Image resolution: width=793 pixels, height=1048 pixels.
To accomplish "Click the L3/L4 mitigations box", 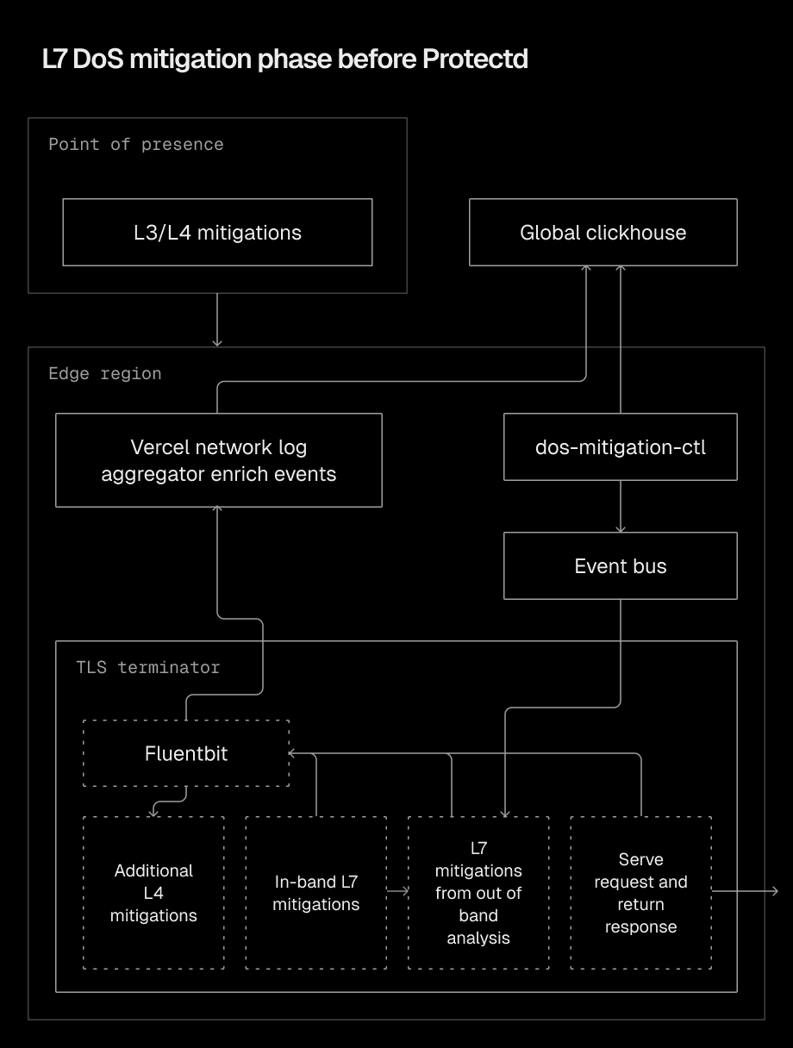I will [x=217, y=232].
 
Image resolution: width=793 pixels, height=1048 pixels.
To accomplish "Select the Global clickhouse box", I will [x=603, y=232].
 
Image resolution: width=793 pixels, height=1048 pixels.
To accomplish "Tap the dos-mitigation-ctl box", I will [x=620, y=446].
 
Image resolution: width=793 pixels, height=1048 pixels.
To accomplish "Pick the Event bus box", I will [x=620, y=565].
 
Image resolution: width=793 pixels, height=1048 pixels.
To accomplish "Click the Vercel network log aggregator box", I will [x=218, y=460].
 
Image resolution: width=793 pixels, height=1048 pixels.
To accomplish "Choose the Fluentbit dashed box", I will [x=186, y=753].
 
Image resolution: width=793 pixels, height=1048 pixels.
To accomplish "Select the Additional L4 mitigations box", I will [x=153, y=893].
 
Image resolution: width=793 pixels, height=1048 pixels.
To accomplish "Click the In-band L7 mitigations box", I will [x=315, y=893].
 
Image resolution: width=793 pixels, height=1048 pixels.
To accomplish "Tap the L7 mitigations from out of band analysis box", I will [x=478, y=893].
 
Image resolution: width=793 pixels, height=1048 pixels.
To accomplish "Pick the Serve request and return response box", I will [x=640, y=893].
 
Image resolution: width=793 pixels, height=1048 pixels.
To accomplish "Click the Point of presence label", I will [x=135, y=144].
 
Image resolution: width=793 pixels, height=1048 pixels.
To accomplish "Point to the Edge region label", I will [x=104, y=373].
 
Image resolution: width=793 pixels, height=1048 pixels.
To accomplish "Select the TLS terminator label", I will [x=147, y=667].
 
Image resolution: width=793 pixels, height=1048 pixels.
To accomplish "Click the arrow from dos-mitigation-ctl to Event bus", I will [x=620, y=507].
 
